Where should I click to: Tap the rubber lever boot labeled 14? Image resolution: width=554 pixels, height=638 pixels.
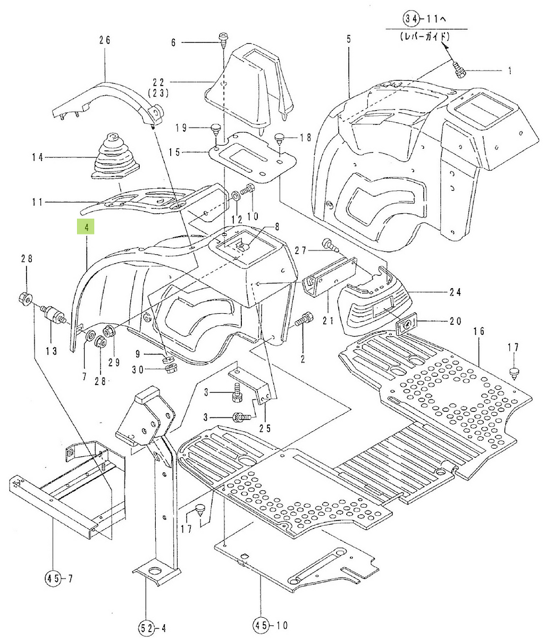click(x=115, y=157)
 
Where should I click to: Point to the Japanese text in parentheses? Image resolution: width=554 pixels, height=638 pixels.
click(x=424, y=38)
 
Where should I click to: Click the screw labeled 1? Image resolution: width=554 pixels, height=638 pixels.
click(x=459, y=69)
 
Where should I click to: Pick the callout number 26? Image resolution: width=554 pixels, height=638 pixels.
click(x=104, y=39)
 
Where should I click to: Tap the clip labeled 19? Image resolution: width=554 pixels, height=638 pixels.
click(x=216, y=128)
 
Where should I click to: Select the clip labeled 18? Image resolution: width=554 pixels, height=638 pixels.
click(x=281, y=139)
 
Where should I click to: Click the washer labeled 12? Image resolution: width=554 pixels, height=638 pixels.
click(x=235, y=197)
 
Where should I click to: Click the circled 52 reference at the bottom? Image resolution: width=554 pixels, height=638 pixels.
click(x=147, y=627)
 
